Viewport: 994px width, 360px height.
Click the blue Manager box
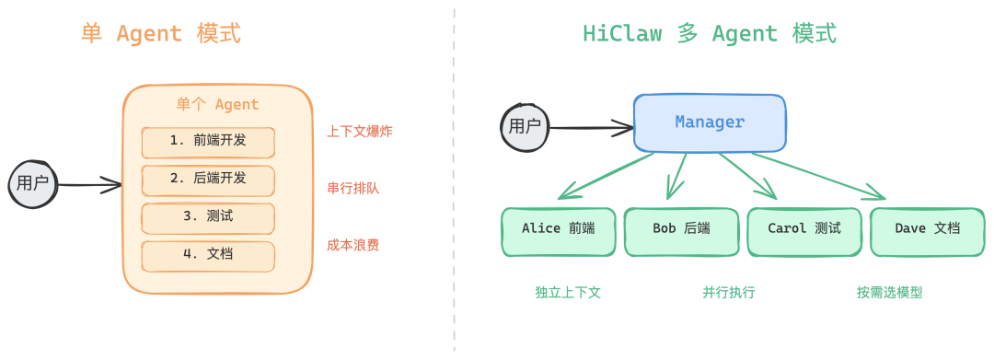click(x=710, y=122)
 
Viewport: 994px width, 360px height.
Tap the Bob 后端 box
click(x=681, y=230)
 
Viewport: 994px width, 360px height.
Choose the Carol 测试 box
click(x=804, y=230)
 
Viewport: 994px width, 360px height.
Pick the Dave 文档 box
click(x=927, y=230)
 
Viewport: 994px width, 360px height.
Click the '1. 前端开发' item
click(x=208, y=142)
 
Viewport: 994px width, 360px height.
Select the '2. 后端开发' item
click(x=208, y=180)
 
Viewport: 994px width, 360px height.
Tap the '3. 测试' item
click(x=208, y=217)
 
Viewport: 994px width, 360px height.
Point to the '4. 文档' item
click(x=208, y=255)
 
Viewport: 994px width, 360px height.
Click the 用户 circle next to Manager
click(x=525, y=126)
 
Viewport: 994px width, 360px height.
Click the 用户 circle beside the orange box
click(x=33, y=183)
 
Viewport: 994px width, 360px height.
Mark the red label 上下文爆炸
click(x=359, y=132)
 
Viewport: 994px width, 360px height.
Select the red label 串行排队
click(x=353, y=189)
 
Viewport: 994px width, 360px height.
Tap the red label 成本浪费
click(x=353, y=246)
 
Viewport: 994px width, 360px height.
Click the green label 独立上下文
click(x=568, y=293)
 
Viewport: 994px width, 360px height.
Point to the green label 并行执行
click(x=729, y=293)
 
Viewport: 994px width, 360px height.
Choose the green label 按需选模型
click(x=889, y=293)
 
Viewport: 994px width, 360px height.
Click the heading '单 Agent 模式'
click(x=161, y=35)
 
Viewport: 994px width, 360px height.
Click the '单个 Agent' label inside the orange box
click(x=217, y=105)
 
